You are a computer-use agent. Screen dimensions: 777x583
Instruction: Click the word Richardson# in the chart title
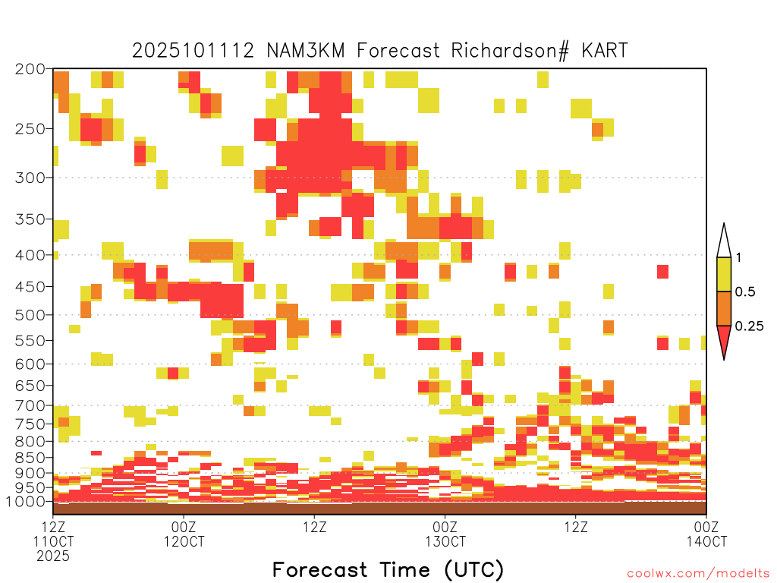(510, 51)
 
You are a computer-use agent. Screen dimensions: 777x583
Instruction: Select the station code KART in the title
(605, 51)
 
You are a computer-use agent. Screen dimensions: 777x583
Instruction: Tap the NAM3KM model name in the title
(305, 51)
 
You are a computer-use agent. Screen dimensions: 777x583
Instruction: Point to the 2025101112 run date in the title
(193, 51)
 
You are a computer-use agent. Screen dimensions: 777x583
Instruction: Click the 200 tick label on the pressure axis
(30, 69)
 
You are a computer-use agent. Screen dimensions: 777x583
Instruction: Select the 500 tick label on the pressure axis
(30, 315)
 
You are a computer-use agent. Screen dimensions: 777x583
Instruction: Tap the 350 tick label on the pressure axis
(30, 219)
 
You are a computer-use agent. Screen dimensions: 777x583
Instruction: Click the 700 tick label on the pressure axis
(30, 405)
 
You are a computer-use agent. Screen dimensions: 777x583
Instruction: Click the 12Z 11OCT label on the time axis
(53, 540)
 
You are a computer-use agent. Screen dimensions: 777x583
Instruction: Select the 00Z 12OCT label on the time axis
(184, 534)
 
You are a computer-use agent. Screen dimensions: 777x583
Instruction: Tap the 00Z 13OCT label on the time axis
(445, 534)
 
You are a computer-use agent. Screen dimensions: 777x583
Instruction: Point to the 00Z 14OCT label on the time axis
(706, 534)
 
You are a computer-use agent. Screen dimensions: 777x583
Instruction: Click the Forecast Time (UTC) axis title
(388, 569)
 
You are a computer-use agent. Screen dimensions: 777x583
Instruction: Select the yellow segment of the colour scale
(724, 274)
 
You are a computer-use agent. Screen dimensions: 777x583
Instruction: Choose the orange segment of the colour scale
(724, 308)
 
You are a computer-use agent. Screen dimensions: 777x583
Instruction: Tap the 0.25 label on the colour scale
(749, 326)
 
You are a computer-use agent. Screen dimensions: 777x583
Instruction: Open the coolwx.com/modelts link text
(698, 574)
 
